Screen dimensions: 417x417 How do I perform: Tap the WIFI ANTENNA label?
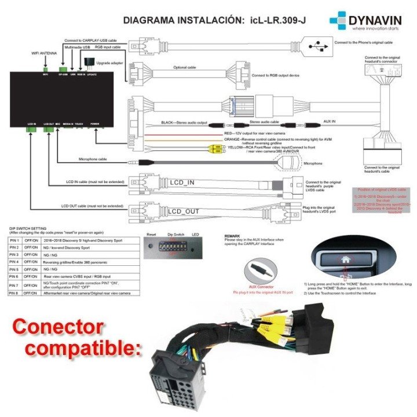click(x=45, y=53)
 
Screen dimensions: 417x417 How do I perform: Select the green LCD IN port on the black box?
click(x=31, y=131)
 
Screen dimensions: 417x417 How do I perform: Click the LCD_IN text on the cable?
click(x=182, y=184)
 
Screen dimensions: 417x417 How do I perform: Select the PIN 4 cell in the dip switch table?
click(x=15, y=262)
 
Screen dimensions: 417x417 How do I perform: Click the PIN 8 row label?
click(x=15, y=293)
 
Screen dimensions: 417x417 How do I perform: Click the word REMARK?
click(x=233, y=236)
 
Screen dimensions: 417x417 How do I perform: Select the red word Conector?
click(x=58, y=326)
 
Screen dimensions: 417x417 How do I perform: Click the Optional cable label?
click(x=184, y=67)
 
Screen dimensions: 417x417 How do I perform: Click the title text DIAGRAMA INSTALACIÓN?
click(x=182, y=21)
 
